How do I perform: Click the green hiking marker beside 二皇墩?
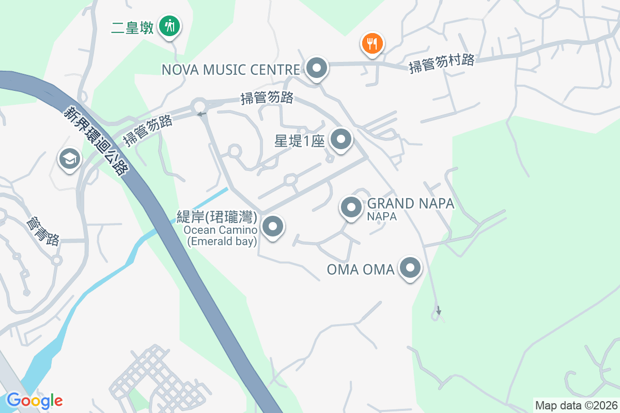(168, 25)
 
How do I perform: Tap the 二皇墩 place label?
(133, 27)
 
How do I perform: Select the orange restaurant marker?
(371, 43)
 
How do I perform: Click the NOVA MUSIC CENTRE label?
(231, 69)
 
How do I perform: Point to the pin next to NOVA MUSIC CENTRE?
(316, 68)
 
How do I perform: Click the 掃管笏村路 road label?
(441, 63)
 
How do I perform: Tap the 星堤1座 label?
(299, 140)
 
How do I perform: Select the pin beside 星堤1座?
(340, 139)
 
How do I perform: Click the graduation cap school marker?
(70, 158)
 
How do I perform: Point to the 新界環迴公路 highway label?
(95, 140)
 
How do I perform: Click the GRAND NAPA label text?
(410, 203)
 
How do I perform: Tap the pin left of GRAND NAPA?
(351, 208)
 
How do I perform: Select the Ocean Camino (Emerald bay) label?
(222, 235)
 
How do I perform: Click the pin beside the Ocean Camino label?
(273, 226)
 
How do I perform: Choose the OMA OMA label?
(361, 269)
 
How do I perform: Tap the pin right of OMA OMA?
(411, 267)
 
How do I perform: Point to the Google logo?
(35, 400)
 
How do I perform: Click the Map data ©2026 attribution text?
(576, 405)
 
